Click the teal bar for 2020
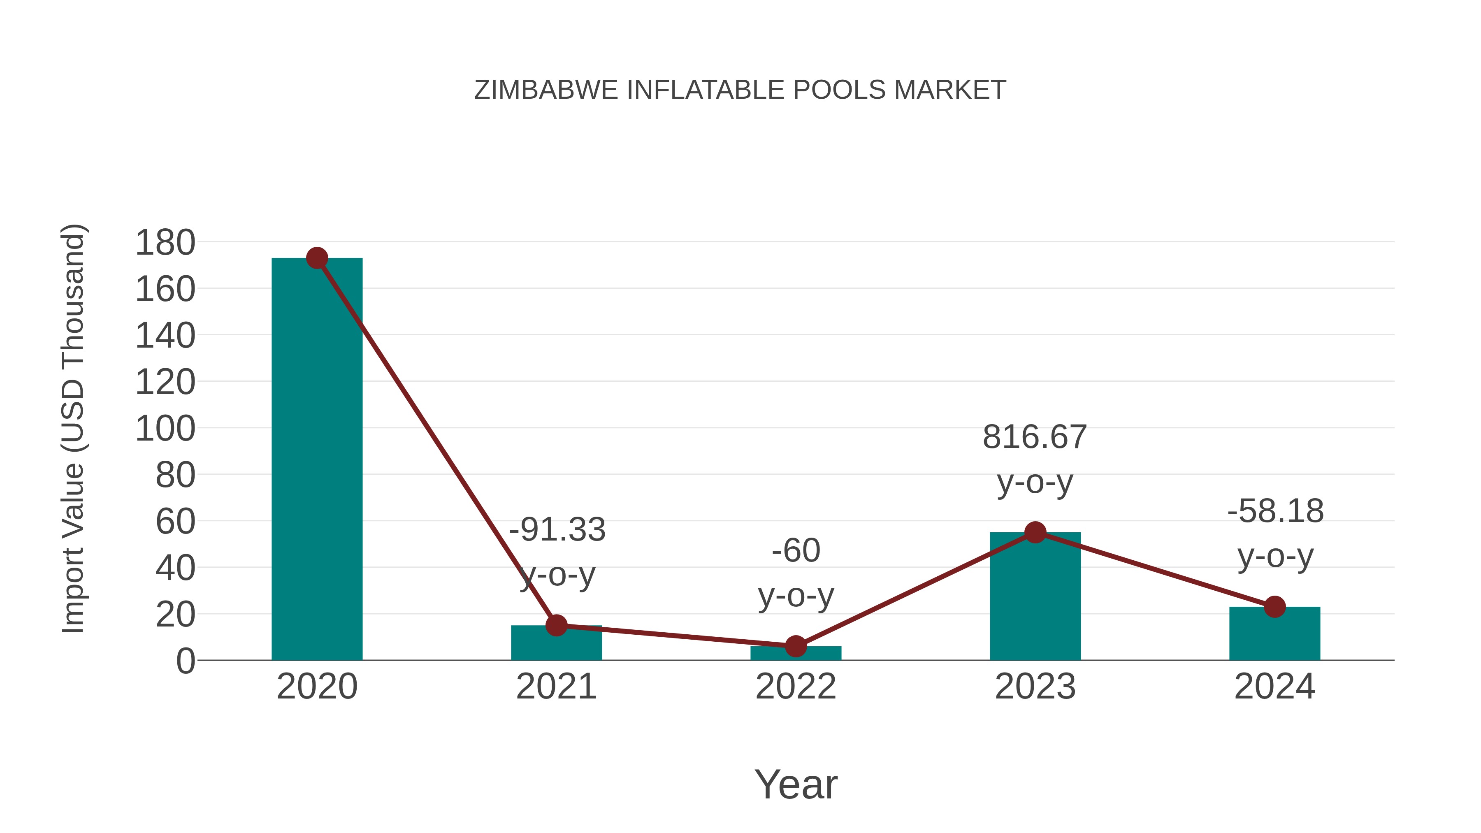pyautogui.click(x=317, y=460)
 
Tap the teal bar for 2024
pyautogui.click(x=1274, y=635)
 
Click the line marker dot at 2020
pyautogui.click(x=317, y=258)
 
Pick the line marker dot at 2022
pyautogui.click(x=796, y=646)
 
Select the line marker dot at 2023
pyautogui.click(x=1035, y=532)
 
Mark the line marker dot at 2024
pyautogui.click(x=1274, y=606)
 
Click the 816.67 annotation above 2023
pyautogui.click(x=1035, y=437)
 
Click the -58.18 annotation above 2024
pyautogui.click(x=1275, y=511)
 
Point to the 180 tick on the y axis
pyautogui.click(x=165, y=243)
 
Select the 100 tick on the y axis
pyautogui.click(x=165, y=429)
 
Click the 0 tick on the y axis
pyautogui.click(x=185, y=661)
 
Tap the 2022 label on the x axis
pyautogui.click(x=796, y=687)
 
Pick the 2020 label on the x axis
pyautogui.click(x=317, y=687)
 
